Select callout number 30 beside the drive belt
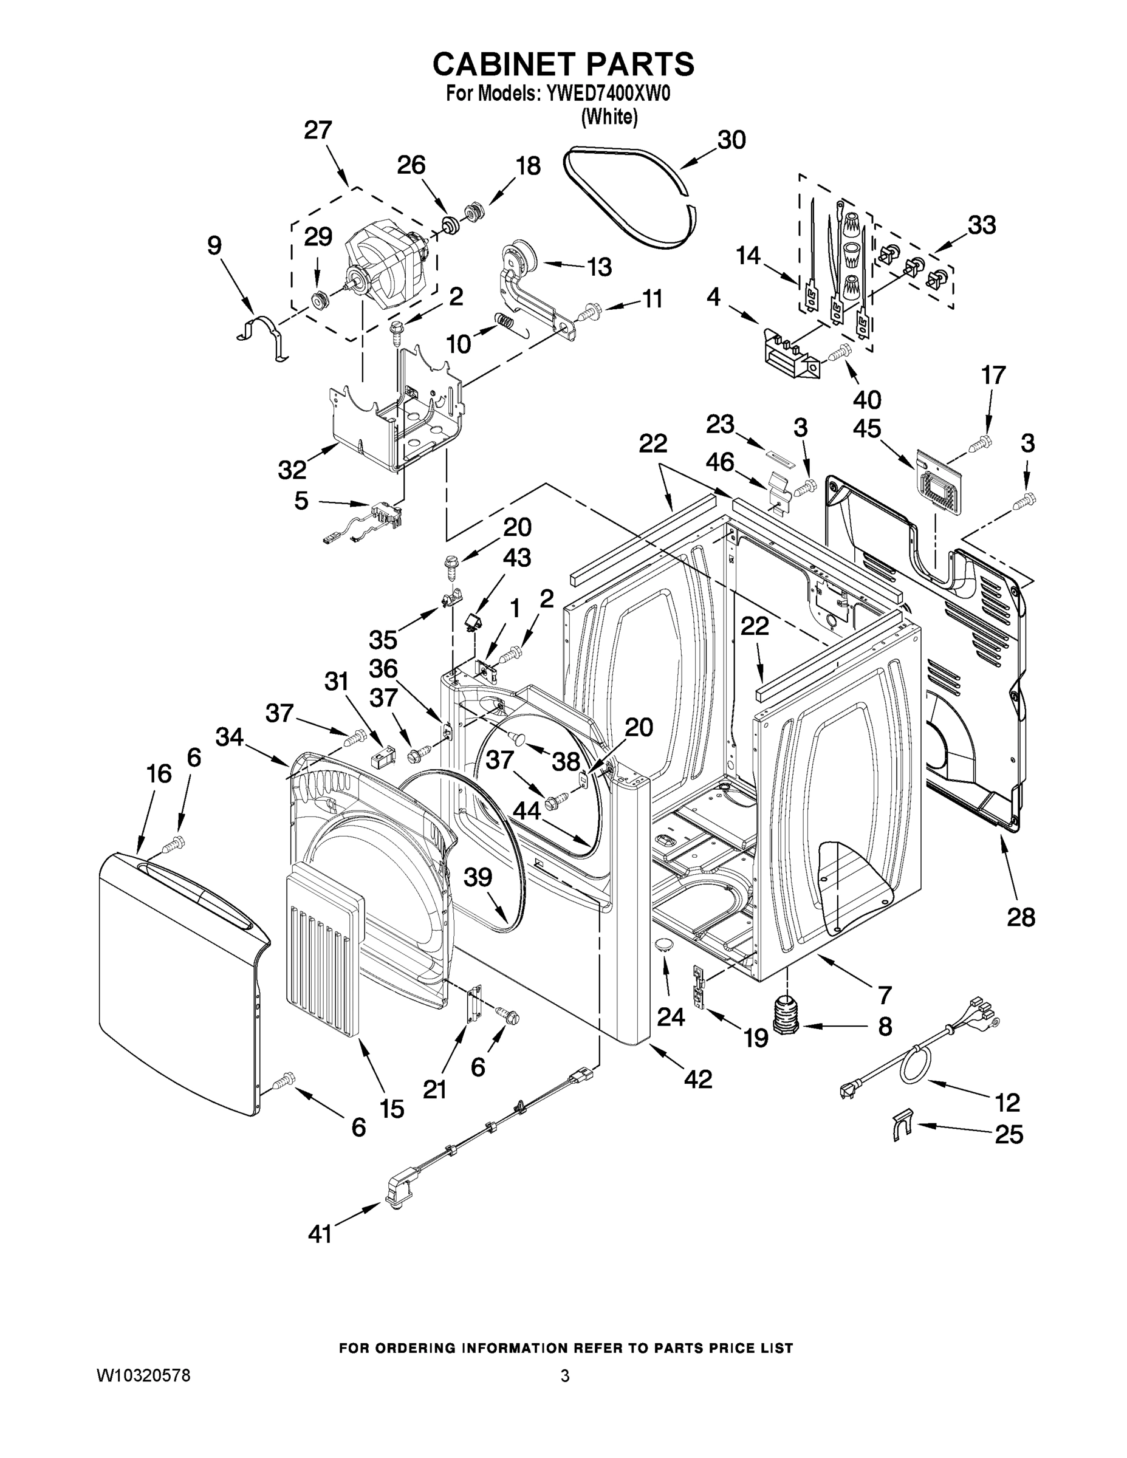(731, 140)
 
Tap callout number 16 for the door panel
(159, 775)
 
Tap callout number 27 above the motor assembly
(318, 129)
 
